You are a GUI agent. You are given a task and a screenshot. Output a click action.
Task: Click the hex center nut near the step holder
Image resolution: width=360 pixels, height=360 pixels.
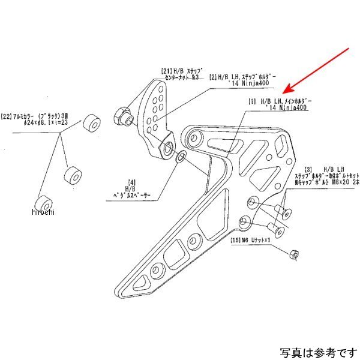[121, 113]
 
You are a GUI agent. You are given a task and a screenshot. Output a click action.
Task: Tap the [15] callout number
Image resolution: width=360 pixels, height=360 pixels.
[235, 241]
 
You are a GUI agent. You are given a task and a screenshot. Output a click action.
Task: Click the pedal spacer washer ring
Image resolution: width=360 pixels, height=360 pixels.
[180, 158]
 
